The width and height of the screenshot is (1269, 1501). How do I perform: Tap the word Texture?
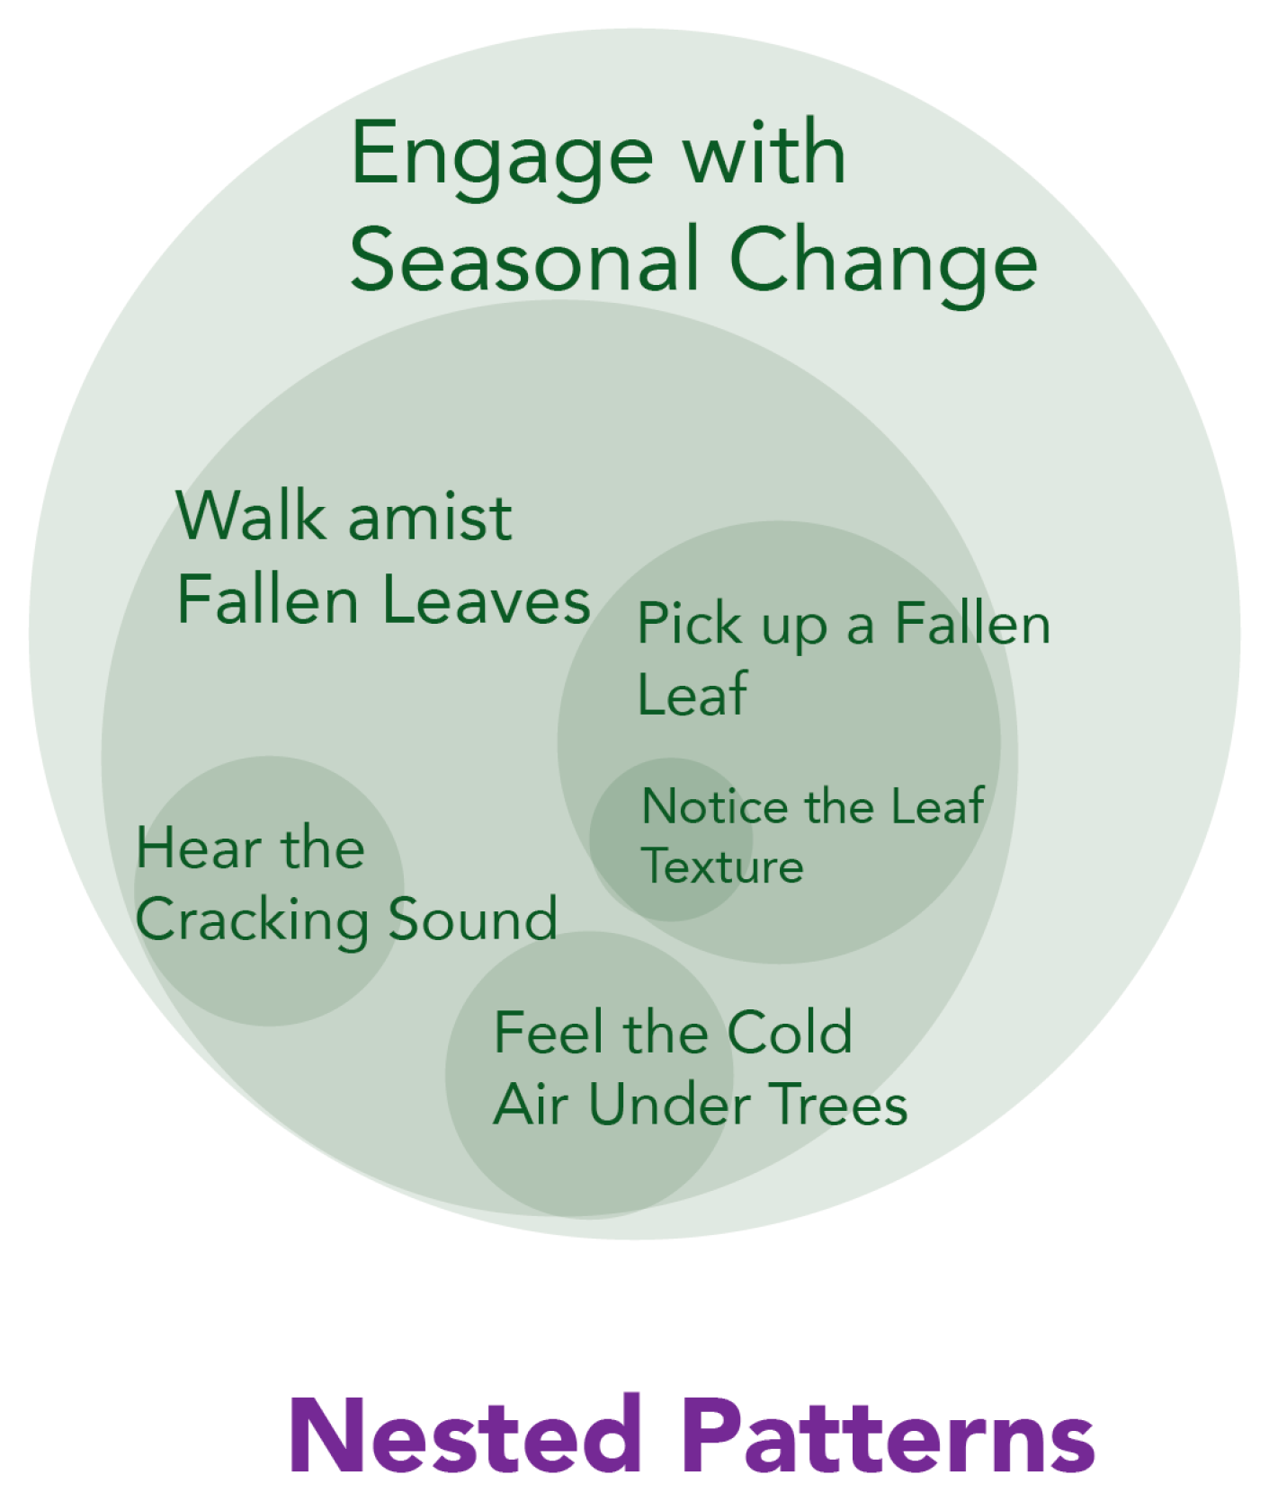(x=722, y=866)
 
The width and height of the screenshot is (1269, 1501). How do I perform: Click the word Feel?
(x=549, y=1033)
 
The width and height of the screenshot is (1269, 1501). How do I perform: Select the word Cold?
(x=789, y=1033)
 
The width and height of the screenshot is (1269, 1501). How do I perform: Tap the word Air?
(x=530, y=1105)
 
